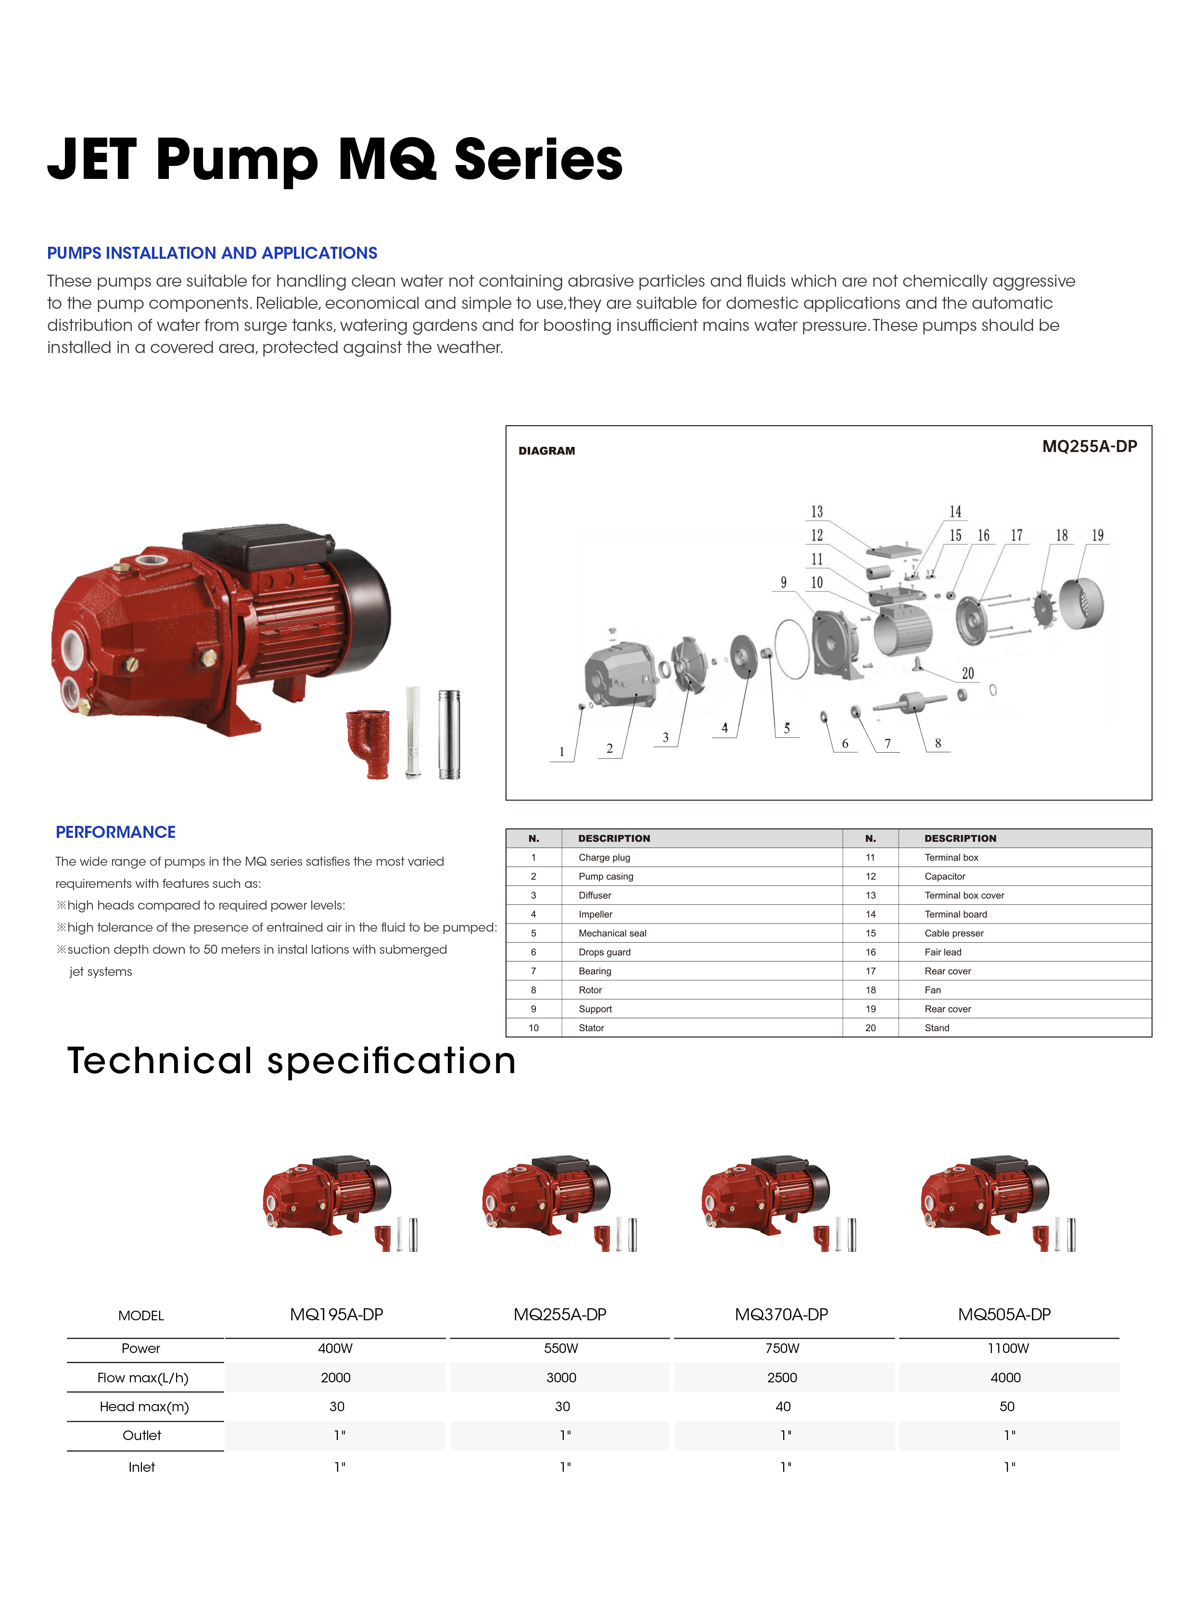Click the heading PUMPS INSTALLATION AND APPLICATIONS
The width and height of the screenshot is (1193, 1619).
[x=212, y=253]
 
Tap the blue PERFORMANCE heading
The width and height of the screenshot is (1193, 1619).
[x=115, y=832]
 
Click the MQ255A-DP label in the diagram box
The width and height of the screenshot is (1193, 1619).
[x=1089, y=446]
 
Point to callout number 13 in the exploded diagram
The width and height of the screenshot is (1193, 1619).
[x=817, y=511]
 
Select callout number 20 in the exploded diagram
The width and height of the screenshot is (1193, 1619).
[x=968, y=673]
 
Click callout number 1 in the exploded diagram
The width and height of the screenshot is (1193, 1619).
[x=562, y=752]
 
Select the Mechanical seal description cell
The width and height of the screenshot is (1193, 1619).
[x=612, y=933]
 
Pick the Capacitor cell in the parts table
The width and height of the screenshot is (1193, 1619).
[x=945, y=876]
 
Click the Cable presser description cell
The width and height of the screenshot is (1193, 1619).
[x=954, y=933]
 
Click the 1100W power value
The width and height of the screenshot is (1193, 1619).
[x=1008, y=1348]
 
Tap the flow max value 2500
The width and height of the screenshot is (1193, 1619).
[x=782, y=1377]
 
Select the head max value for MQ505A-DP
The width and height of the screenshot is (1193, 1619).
[x=1007, y=1406]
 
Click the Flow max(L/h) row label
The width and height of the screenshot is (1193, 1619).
[x=143, y=1378]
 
